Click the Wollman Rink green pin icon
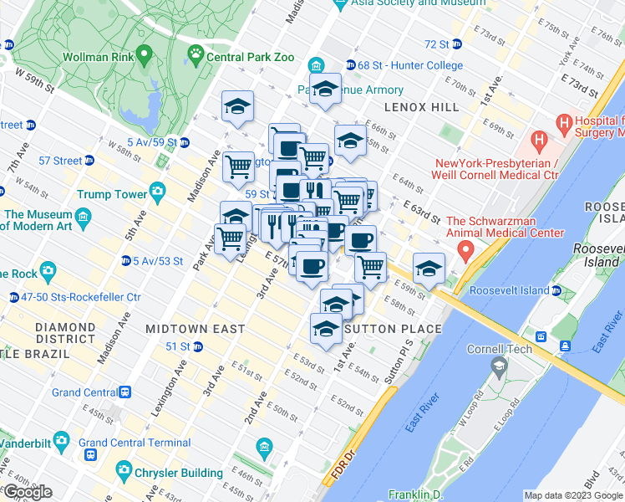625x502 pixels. pos(145,57)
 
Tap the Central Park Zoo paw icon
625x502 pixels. pos(196,57)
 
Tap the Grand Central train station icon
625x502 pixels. pos(124,392)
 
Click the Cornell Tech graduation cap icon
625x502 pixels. pos(499,366)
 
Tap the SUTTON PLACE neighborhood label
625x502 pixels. pos(392,329)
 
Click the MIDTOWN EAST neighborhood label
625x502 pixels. pos(195,329)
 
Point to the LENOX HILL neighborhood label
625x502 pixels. pos(421,107)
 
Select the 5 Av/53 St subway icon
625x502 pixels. pos(125,261)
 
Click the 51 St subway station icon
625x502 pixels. pos(197,346)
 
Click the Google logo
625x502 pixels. pos(28,493)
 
